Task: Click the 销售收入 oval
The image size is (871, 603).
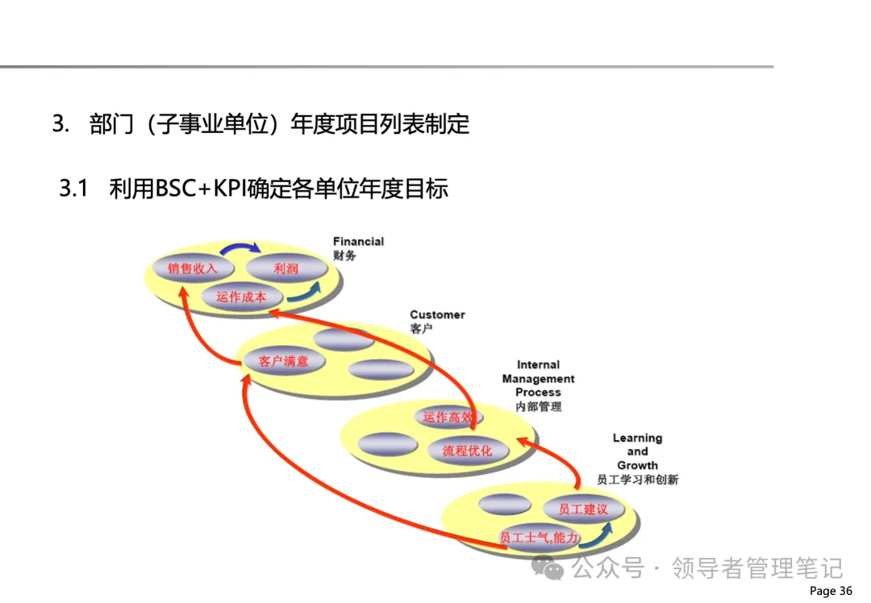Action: pyautogui.click(x=193, y=268)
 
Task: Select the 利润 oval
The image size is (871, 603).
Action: pyautogui.click(x=285, y=268)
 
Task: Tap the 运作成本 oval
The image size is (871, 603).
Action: pyautogui.click(x=241, y=297)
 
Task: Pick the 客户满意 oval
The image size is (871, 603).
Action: pyautogui.click(x=283, y=361)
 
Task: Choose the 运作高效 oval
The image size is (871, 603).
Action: pyautogui.click(x=448, y=418)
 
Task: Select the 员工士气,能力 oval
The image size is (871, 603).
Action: pyautogui.click(x=540, y=538)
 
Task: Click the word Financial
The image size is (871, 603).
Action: pyautogui.click(x=358, y=241)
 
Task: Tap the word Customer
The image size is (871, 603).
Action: pyautogui.click(x=437, y=315)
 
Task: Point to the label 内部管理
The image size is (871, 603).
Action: pyautogui.click(x=539, y=406)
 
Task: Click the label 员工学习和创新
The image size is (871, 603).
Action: pyautogui.click(x=637, y=480)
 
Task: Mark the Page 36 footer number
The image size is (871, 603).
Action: pyautogui.click(x=830, y=591)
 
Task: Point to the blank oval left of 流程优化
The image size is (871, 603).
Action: pyautogui.click(x=386, y=444)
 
